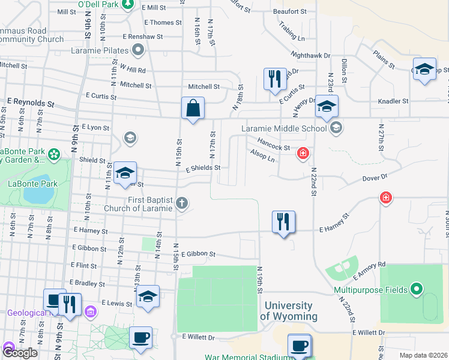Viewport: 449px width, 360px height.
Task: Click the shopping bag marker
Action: click(x=193, y=109)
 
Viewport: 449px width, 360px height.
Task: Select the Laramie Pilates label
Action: click(x=101, y=50)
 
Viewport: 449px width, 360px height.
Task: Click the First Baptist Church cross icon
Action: click(x=182, y=204)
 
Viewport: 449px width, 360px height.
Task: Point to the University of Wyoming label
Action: click(x=289, y=311)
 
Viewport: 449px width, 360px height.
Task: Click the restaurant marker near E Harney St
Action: click(x=284, y=223)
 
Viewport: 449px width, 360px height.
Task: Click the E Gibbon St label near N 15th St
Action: click(x=197, y=254)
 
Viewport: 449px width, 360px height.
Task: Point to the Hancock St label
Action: click(x=273, y=144)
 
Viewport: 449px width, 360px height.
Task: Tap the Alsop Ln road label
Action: click(x=262, y=155)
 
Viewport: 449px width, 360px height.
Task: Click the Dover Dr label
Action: click(x=376, y=178)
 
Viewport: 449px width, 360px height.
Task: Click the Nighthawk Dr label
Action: click(x=310, y=55)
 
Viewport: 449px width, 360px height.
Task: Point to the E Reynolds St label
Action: click(x=26, y=102)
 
